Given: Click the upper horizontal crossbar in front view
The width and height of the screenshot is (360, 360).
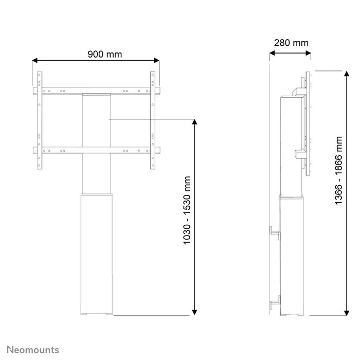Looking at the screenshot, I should [x=96, y=91].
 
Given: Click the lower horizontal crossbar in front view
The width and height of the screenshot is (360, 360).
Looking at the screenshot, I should [x=96, y=150].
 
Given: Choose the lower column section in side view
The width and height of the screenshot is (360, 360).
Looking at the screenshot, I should [x=293, y=255].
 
